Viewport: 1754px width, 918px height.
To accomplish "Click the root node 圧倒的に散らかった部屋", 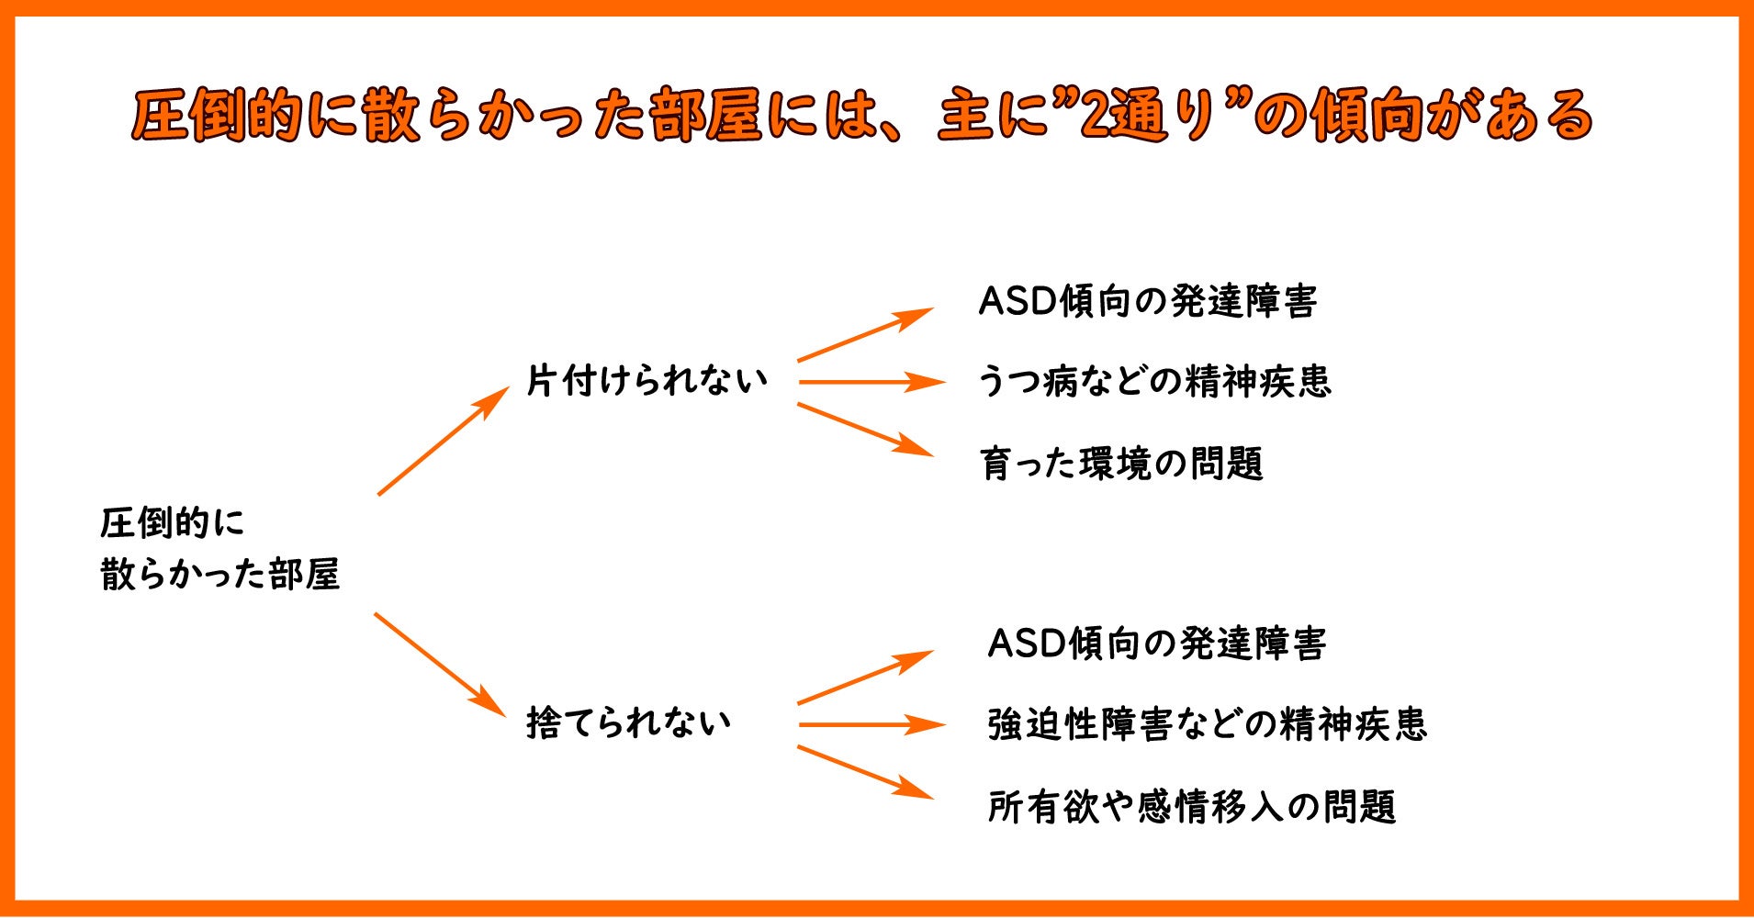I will tap(219, 548).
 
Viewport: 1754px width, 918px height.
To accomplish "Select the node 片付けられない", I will tap(647, 380).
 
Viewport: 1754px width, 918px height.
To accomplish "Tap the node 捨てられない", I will tap(628, 722).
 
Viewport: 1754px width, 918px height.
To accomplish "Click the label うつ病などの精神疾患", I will tap(1153, 381).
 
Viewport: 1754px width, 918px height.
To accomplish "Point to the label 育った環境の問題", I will tap(1121, 464).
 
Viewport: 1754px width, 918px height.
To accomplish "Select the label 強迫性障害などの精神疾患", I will tap(1207, 724).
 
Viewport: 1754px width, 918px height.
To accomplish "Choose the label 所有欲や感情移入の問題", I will tap(1191, 807).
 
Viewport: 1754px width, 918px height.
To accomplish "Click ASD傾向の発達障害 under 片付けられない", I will tap(1148, 301).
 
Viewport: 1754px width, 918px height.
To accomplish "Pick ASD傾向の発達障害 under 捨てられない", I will tap(1156, 644).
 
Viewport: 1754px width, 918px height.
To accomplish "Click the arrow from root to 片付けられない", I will tap(443, 441).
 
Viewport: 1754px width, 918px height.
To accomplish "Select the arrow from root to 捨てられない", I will tap(440, 665).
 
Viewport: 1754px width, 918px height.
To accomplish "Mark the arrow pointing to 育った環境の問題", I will tap(865, 430).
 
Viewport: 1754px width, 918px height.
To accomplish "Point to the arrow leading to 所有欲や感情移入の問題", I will tap(865, 772).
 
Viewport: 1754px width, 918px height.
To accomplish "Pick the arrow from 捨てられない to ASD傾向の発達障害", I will tap(865, 677).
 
